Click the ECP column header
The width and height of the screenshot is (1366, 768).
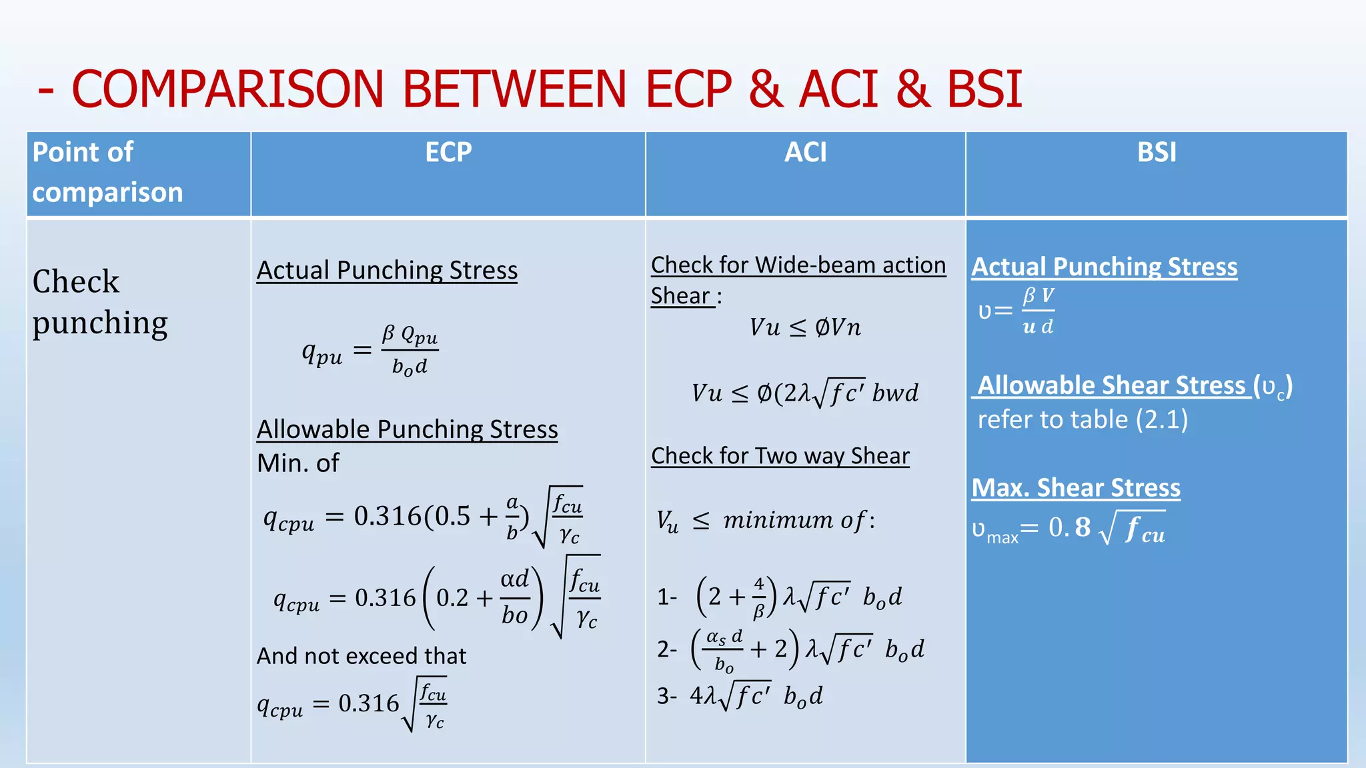coord(448,153)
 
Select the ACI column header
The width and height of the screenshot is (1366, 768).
coord(805,153)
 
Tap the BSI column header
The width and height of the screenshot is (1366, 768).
coord(1157,153)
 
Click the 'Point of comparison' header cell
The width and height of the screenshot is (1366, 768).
coord(107,172)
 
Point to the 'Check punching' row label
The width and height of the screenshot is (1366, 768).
coord(99,302)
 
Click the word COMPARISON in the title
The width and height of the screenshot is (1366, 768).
coord(227,89)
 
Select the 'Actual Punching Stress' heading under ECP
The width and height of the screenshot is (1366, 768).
coord(387,271)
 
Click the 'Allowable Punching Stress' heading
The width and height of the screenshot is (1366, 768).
coord(407,429)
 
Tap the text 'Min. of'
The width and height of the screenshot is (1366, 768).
coord(298,463)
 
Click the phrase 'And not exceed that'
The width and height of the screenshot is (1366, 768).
coord(362,656)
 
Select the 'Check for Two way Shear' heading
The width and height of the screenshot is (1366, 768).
coord(780,456)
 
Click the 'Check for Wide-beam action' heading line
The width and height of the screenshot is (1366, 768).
coord(798,265)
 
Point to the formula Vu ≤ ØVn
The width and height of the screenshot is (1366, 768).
coord(805,327)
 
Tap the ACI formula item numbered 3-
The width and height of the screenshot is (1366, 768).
coord(740,696)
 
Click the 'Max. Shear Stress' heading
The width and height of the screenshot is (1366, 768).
coord(1075,488)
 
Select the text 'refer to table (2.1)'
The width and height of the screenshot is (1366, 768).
coord(1082,420)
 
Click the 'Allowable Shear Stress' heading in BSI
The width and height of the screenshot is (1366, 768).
coord(1111,385)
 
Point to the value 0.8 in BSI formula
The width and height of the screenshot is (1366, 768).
coord(1069,527)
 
